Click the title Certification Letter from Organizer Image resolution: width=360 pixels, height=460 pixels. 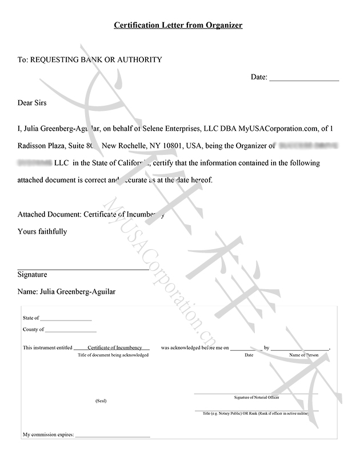[178, 25]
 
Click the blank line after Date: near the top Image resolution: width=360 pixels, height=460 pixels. [303, 78]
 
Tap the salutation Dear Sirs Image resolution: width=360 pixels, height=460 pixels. [32, 103]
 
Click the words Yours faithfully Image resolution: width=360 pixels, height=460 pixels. [42, 231]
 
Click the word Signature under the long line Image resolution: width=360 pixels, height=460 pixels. [32, 274]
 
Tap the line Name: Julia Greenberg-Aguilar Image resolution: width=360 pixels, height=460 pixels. [66, 291]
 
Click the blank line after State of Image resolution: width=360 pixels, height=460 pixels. [66, 318]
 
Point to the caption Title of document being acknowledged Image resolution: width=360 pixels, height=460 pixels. [113, 355]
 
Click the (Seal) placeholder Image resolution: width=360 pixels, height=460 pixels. [101, 401]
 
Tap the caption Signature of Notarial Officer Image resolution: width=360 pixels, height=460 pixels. [256, 397]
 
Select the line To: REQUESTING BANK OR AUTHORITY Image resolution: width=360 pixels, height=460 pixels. [90, 59]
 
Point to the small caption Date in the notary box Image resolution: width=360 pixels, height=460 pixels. [249, 355]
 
